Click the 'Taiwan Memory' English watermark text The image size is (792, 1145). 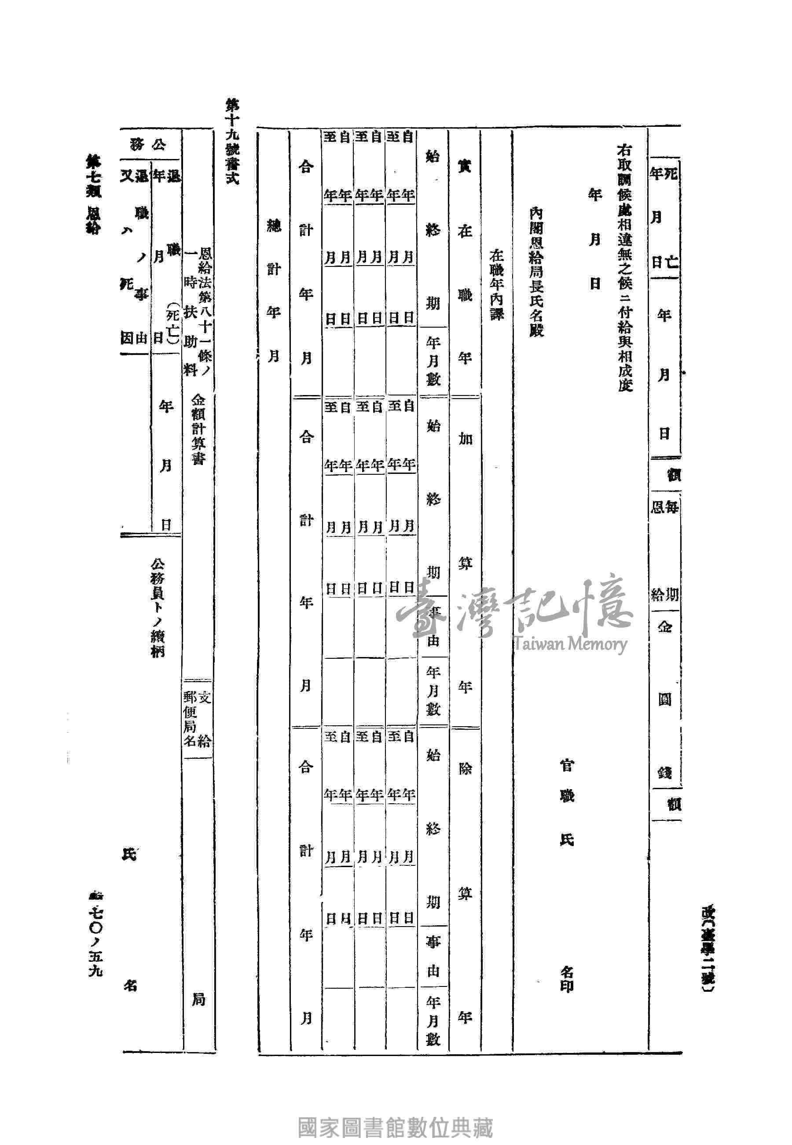pos(570,644)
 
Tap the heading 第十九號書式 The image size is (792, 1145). pos(232,141)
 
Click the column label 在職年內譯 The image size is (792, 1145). pos(497,284)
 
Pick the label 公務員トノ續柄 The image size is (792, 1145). pos(158,608)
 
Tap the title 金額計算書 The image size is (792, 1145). pos(198,429)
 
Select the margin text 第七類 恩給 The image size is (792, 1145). pos(93,194)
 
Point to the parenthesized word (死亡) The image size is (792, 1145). pos(172,323)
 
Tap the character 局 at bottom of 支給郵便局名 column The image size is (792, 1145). pos(198,1000)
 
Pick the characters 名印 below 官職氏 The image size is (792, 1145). pos(566,979)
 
